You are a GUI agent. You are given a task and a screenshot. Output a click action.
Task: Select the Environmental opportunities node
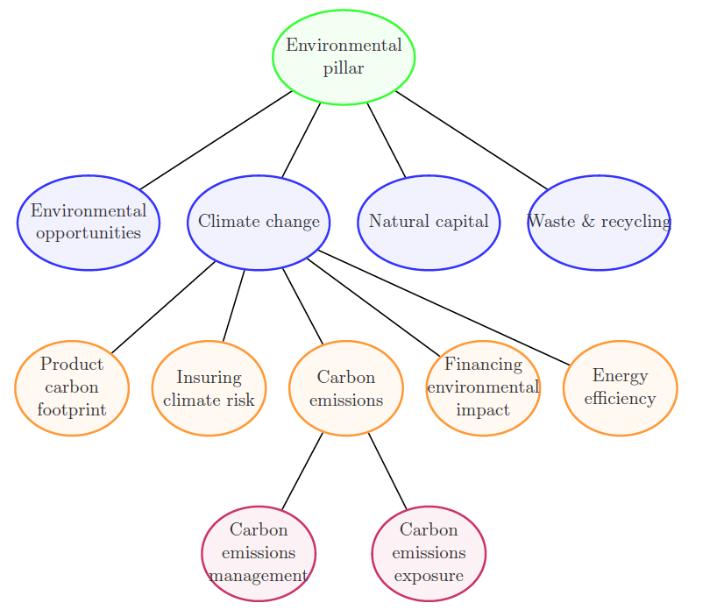[x=89, y=222]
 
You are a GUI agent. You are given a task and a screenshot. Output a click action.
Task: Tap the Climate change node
[x=259, y=222]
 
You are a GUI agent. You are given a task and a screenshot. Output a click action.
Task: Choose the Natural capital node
[x=429, y=222]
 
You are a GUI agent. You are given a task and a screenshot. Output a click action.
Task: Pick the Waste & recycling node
[x=599, y=222]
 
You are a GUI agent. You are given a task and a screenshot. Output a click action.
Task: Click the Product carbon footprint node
[x=72, y=387]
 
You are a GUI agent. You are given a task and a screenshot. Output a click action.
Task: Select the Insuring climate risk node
[x=209, y=387]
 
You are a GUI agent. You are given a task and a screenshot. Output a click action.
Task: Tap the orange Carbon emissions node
[x=346, y=387]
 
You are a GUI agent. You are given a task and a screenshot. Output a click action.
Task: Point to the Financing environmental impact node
[x=483, y=387]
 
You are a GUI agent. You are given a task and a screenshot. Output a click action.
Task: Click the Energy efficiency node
[x=620, y=387]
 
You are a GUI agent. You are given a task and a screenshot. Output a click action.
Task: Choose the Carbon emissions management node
[x=259, y=553]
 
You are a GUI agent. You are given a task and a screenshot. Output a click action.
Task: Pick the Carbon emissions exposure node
[x=429, y=553]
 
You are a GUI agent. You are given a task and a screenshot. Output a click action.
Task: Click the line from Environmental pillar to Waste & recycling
[x=472, y=139]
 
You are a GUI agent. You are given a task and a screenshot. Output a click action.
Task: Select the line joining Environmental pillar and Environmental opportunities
[x=216, y=139]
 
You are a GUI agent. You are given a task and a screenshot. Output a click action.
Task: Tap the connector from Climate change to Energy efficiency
[x=444, y=307]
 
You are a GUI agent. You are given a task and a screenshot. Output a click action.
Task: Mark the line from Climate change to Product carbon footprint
[x=163, y=307]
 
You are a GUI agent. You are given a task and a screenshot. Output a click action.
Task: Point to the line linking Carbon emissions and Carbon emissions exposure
[x=387, y=470]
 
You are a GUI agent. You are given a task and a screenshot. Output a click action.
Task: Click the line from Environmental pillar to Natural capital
[x=387, y=139]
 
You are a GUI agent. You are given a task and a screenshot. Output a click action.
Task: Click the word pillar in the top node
[x=344, y=68]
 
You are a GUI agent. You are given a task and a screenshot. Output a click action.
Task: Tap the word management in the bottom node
[x=259, y=576]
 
